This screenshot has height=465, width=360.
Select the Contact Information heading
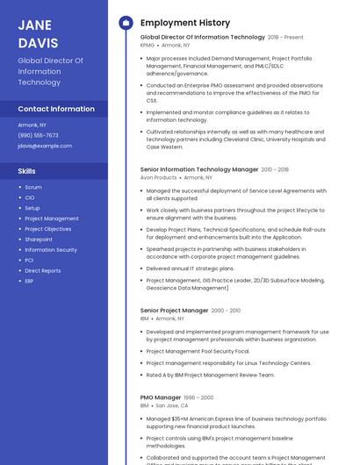pyautogui.click(x=56, y=109)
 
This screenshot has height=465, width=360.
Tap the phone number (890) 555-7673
pyautogui.click(x=38, y=135)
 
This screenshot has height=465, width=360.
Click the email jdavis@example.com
pyautogui.click(x=45, y=146)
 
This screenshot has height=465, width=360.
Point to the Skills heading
pyautogui.click(x=27, y=171)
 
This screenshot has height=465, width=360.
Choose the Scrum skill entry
pyautogui.click(x=33, y=187)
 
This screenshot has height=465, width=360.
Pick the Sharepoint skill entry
pyautogui.click(x=39, y=240)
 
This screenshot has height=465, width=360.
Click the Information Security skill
pyautogui.click(x=51, y=250)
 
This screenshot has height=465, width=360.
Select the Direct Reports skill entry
pyautogui.click(x=43, y=271)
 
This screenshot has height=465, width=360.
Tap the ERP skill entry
pyautogui.click(x=29, y=282)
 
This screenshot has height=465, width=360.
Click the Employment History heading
pyautogui.click(x=185, y=23)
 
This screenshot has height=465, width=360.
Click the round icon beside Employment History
pyautogui.click(x=126, y=23)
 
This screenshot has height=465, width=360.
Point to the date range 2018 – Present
pyautogui.click(x=285, y=38)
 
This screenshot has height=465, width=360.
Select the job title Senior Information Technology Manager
pyautogui.click(x=199, y=169)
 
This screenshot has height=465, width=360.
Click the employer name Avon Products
pyautogui.click(x=158, y=177)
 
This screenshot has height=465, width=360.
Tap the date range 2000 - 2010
pyautogui.click(x=226, y=311)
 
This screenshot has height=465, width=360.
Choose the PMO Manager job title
pyautogui.click(x=161, y=397)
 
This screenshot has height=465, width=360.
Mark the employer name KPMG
pyautogui.click(x=147, y=45)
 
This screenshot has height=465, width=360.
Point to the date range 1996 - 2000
pyautogui.click(x=198, y=397)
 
